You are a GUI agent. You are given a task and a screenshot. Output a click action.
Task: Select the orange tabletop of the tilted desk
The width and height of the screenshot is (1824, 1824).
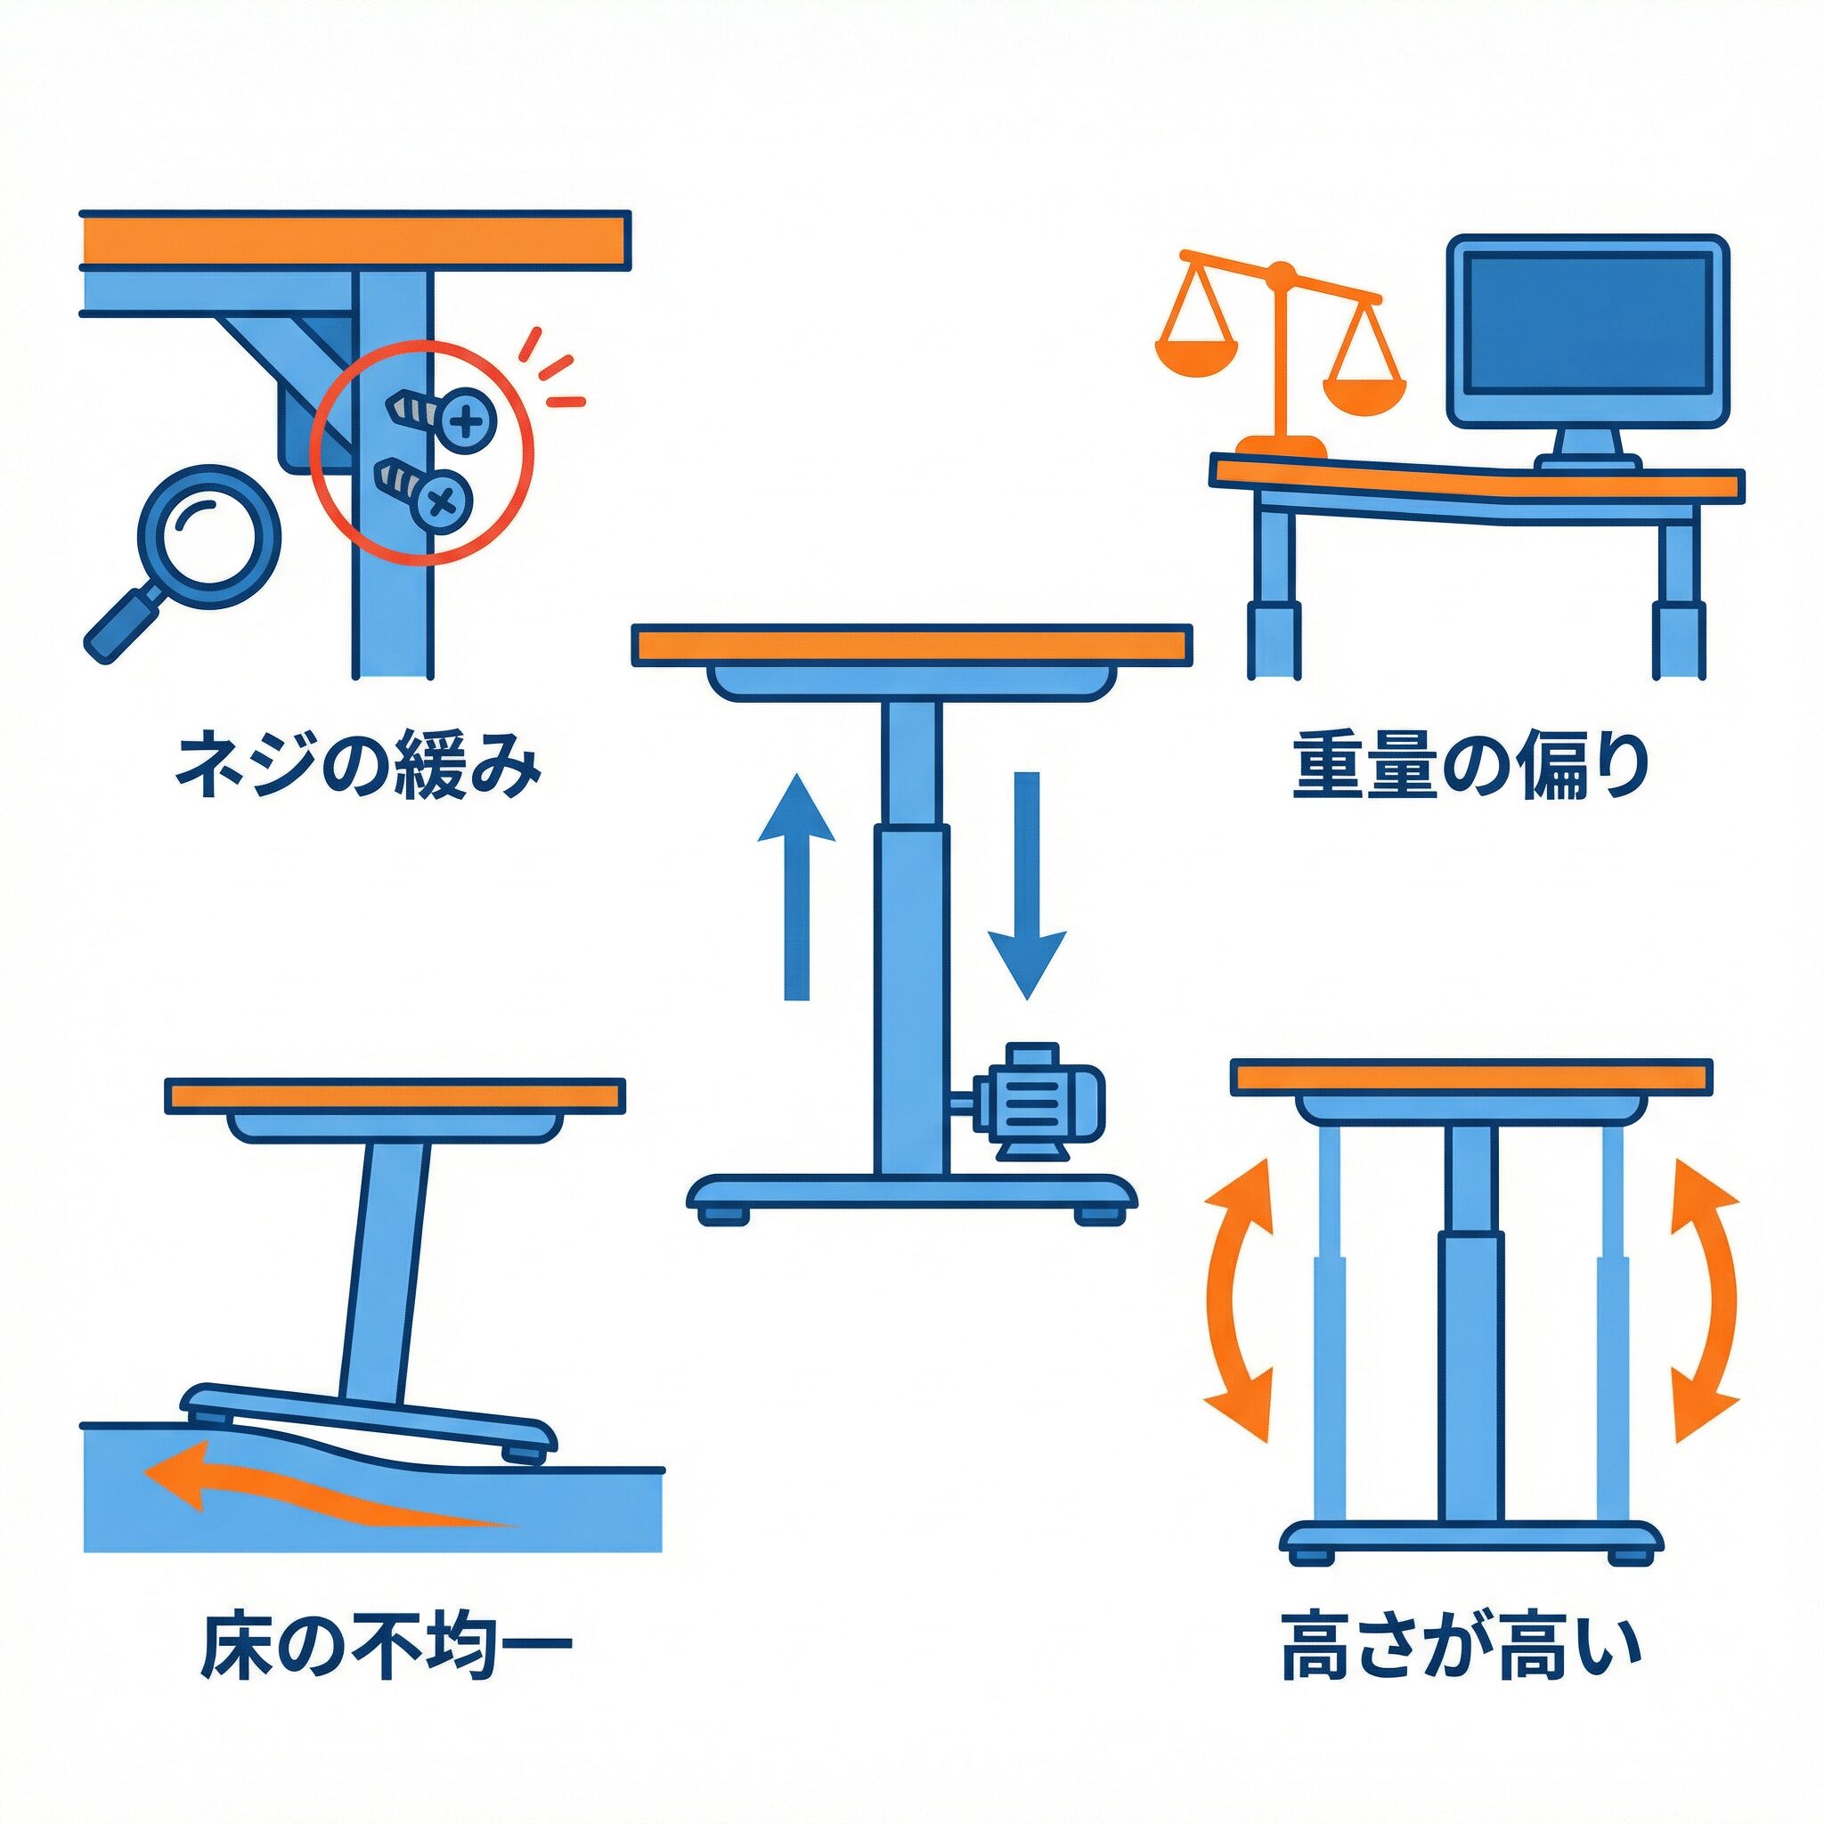point(394,1095)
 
